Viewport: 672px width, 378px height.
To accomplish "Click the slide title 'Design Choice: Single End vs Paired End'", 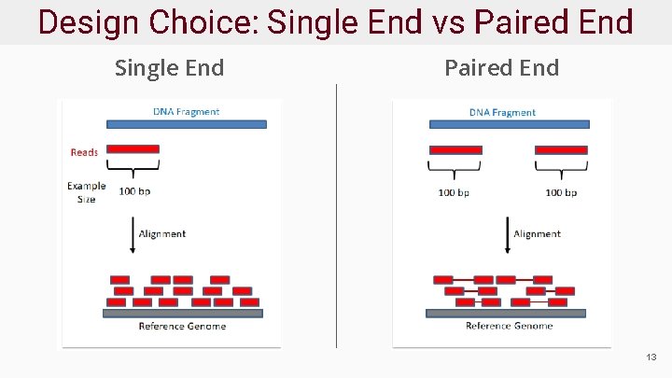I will click(335, 21).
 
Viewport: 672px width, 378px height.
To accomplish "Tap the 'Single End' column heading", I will click(169, 68).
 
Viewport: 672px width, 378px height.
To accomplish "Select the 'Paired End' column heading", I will click(501, 68).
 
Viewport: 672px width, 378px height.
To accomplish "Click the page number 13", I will click(651, 357).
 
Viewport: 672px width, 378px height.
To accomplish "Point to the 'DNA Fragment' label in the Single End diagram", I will click(186, 112).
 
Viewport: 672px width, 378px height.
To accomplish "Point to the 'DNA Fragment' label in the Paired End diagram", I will click(502, 113).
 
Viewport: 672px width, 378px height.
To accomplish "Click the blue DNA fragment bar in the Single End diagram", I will click(187, 124).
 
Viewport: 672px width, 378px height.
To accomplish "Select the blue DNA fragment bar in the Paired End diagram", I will click(508, 124).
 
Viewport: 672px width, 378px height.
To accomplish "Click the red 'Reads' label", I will click(84, 152).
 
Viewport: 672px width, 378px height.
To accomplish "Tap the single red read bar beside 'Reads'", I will click(133, 149).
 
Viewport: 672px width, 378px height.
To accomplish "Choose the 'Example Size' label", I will click(86, 192).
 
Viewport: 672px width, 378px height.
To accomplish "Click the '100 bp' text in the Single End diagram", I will click(134, 192).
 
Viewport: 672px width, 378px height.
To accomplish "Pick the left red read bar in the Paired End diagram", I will click(455, 150).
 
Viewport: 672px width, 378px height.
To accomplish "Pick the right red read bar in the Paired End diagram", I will click(561, 150).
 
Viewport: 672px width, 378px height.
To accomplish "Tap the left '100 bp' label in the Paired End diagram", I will click(455, 192).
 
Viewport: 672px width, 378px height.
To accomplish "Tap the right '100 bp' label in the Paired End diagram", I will click(561, 192).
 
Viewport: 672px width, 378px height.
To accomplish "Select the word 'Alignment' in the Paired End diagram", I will click(537, 234).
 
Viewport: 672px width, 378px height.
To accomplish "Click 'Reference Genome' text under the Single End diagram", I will click(182, 326).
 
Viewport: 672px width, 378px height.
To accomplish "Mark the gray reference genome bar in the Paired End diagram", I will click(506, 314).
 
